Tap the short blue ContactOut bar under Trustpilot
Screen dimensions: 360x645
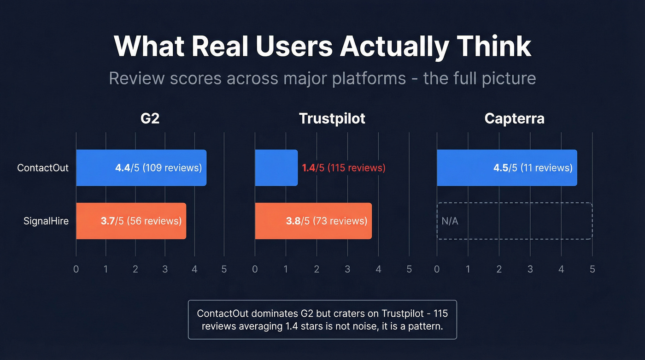pos(276,168)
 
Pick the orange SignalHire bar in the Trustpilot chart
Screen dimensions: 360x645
pos(313,221)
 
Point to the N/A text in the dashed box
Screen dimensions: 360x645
pos(450,221)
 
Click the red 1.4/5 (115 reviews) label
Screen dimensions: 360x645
pos(344,168)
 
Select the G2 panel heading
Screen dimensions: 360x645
pos(150,118)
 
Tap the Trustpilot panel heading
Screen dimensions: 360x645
pos(332,118)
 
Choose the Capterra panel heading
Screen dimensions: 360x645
pos(514,118)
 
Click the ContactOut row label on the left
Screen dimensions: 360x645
pos(43,168)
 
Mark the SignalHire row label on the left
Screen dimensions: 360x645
pos(46,221)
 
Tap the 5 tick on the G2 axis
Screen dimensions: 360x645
pos(224,269)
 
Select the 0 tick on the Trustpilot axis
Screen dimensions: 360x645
pos(255,269)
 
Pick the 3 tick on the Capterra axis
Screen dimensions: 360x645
pos(530,269)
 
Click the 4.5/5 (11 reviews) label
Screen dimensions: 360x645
pos(533,168)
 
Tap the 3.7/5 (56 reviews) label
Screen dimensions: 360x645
pos(141,221)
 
